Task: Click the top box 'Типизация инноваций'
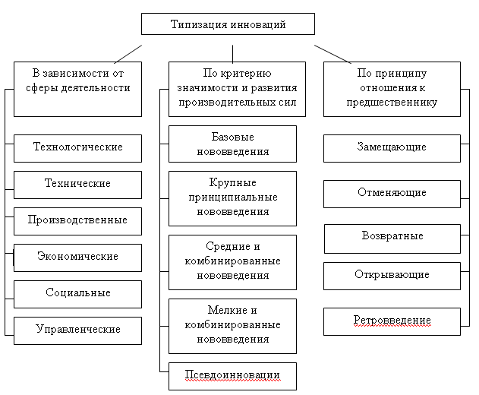click(x=228, y=24)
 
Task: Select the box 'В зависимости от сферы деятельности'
click(x=77, y=89)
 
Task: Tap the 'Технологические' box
click(x=77, y=147)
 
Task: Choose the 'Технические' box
click(x=77, y=184)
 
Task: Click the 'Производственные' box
click(x=77, y=220)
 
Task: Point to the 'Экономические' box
click(x=77, y=257)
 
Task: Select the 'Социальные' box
click(x=77, y=293)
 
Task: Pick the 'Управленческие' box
click(x=77, y=330)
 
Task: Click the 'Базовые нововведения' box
click(x=232, y=144)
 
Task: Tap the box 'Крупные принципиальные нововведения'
click(x=232, y=198)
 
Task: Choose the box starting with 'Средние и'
click(x=232, y=261)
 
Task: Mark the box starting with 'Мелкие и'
click(x=232, y=325)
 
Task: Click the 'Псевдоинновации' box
click(x=232, y=375)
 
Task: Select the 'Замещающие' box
click(x=392, y=147)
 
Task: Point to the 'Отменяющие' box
click(x=392, y=193)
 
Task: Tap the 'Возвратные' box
click(x=392, y=238)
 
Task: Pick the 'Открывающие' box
click(x=392, y=275)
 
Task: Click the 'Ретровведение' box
click(x=392, y=321)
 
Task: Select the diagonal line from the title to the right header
click(x=332, y=52)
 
